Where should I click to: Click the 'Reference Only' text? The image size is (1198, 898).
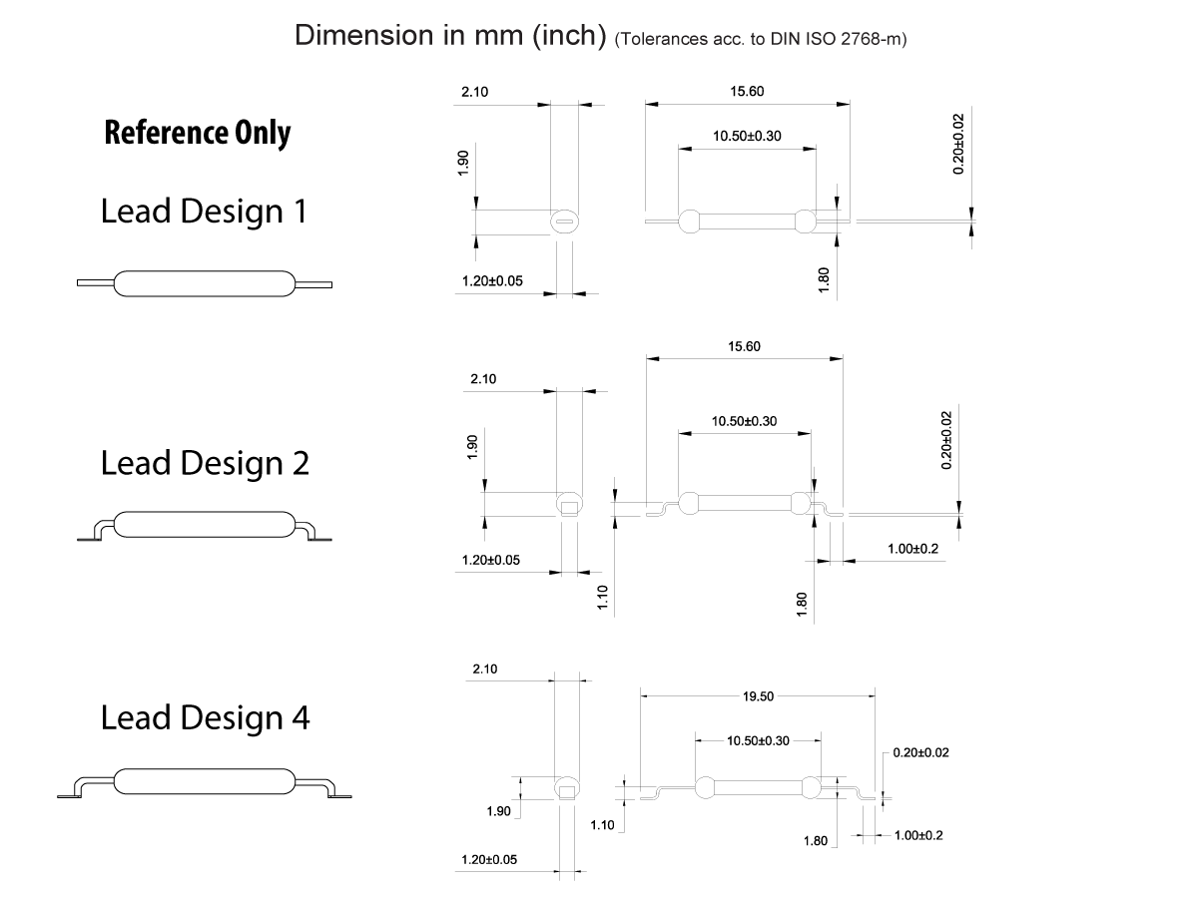(197, 133)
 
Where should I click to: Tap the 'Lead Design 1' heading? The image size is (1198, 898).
(204, 212)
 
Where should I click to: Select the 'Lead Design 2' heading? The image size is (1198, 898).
(205, 463)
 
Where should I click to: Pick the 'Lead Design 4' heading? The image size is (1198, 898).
(205, 717)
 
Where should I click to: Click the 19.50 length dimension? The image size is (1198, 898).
(758, 696)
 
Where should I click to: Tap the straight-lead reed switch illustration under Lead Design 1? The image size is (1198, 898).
(205, 284)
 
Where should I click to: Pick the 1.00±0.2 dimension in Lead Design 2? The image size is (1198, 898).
(912, 550)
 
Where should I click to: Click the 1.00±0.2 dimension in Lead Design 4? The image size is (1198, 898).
(917, 835)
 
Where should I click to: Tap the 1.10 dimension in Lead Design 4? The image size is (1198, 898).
(602, 825)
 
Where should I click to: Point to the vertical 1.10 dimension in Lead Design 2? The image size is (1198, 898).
(603, 599)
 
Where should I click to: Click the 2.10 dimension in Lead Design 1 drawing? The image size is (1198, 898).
(474, 92)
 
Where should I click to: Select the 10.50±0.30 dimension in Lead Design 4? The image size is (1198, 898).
(759, 740)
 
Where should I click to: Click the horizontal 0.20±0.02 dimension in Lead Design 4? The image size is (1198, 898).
(920, 752)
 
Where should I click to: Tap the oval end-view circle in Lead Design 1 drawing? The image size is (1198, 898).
(565, 221)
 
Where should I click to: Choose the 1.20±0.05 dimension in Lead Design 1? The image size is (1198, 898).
(492, 281)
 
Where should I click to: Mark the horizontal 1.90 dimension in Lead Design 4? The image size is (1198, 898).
(498, 811)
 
